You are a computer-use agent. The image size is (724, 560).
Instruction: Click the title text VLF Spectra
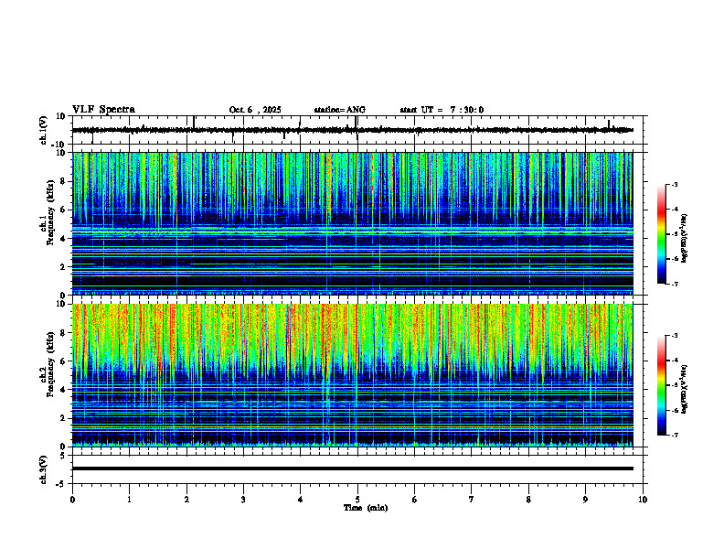click(103, 109)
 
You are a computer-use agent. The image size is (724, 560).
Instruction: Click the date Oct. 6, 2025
click(255, 110)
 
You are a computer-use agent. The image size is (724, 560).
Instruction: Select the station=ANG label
click(339, 110)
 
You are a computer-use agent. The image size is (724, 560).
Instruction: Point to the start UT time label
click(442, 110)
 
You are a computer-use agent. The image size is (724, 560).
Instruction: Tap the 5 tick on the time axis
click(357, 500)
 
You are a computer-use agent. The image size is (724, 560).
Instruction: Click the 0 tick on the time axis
click(72, 500)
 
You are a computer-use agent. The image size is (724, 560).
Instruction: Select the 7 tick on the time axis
click(472, 500)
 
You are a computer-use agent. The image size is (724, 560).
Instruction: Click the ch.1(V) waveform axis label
click(43, 130)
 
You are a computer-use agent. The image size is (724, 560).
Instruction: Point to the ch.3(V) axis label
click(43, 468)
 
